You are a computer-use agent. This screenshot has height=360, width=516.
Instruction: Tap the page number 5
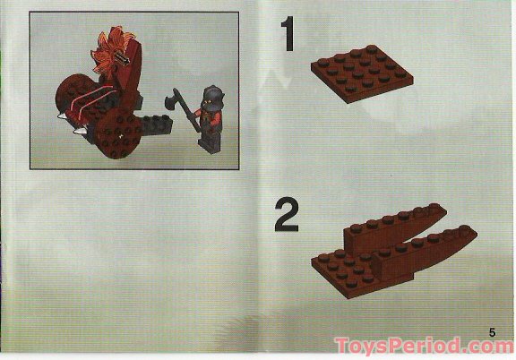click(x=492, y=332)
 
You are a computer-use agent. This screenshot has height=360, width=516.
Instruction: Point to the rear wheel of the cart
click(x=68, y=99)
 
